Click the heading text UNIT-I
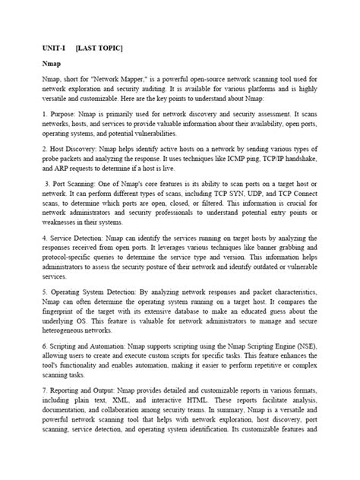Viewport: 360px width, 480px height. (54, 49)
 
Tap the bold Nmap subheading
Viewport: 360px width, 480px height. (51, 65)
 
